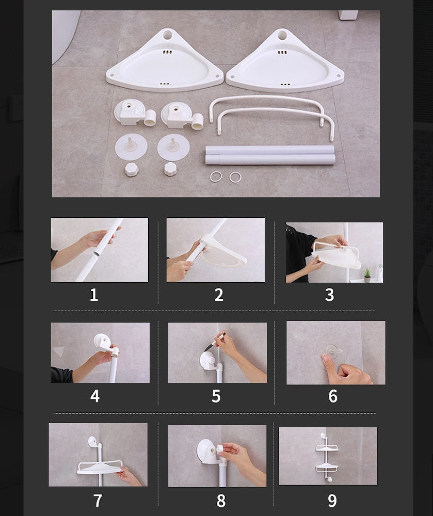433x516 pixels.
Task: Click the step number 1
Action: (x=94, y=295)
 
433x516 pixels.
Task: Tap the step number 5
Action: (x=216, y=396)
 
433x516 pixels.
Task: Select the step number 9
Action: (x=332, y=501)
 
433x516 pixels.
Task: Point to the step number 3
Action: (x=329, y=295)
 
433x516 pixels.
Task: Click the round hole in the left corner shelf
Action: (x=168, y=35)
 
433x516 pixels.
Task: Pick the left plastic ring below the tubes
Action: (x=216, y=176)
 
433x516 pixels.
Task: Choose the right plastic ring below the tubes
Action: (x=235, y=177)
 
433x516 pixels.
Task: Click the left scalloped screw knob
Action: (x=132, y=169)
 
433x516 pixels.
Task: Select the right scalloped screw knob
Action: (x=170, y=169)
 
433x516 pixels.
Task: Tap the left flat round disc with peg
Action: (x=131, y=146)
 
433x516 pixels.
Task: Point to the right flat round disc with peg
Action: (x=173, y=147)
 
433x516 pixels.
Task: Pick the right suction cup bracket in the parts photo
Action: (x=182, y=116)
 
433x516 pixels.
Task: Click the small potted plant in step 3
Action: (x=367, y=275)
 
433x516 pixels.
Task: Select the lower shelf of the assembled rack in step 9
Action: (x=327, y=467)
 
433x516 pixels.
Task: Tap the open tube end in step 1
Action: (x=97, y=254)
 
